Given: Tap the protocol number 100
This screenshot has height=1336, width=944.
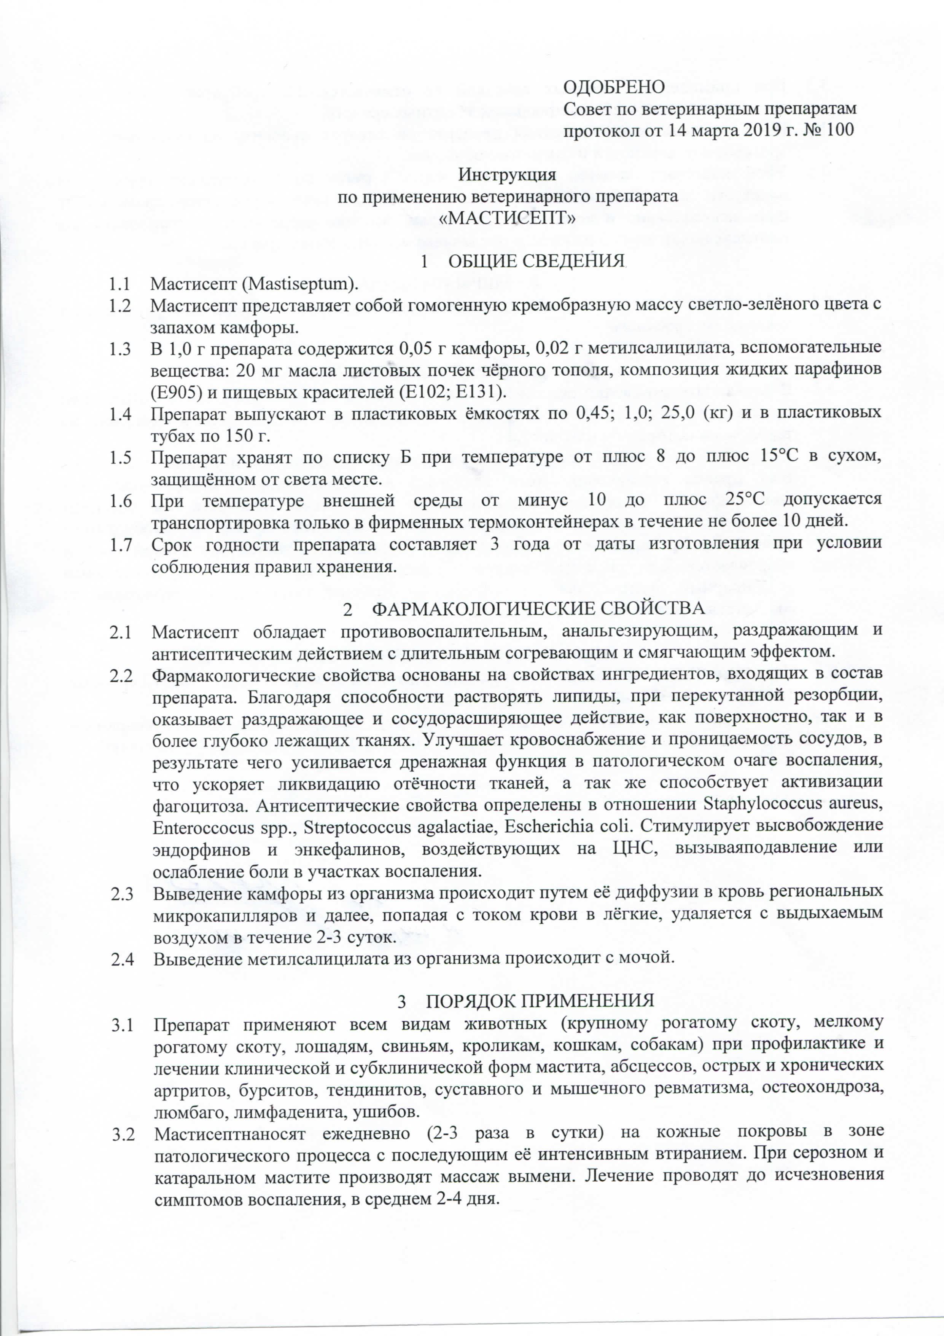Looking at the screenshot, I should coord(839,129).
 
